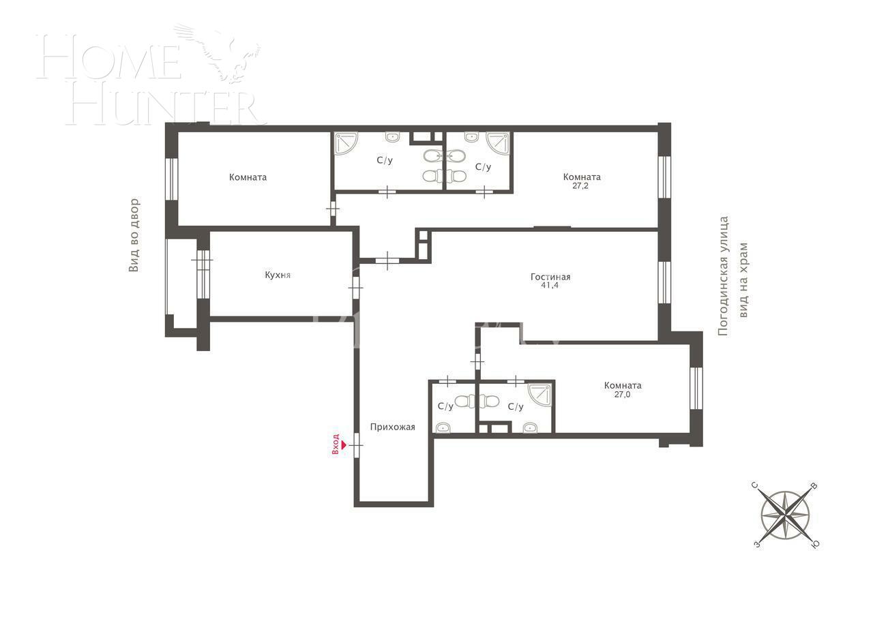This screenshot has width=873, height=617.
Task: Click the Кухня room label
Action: tap(278, 275)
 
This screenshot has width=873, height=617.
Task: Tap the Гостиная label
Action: tap(550, 277)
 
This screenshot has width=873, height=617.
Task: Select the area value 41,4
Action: tap(550, 286)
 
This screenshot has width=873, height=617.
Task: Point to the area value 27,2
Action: tap(582, 185)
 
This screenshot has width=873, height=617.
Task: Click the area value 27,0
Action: tap(622, 394)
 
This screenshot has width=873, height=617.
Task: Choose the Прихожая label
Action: tap(392, 427)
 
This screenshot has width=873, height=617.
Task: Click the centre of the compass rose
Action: tap(786, 515)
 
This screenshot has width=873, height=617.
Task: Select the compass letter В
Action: tap(814, 487)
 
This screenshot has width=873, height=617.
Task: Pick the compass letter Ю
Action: tap(814, 544)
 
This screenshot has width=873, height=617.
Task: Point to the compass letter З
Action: tap(756, 544)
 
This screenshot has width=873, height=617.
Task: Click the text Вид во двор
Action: tap(134, 235)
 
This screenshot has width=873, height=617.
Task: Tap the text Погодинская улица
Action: tap(724, 275)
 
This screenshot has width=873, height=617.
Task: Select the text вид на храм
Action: tap(744, 280)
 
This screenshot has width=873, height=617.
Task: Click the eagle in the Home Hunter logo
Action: tap(225, 51)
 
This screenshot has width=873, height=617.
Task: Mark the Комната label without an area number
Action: tap(248, 177)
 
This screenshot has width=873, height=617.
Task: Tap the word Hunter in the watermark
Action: tap(164, 106)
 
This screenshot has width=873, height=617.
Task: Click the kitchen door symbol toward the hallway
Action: tap(355, 286)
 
